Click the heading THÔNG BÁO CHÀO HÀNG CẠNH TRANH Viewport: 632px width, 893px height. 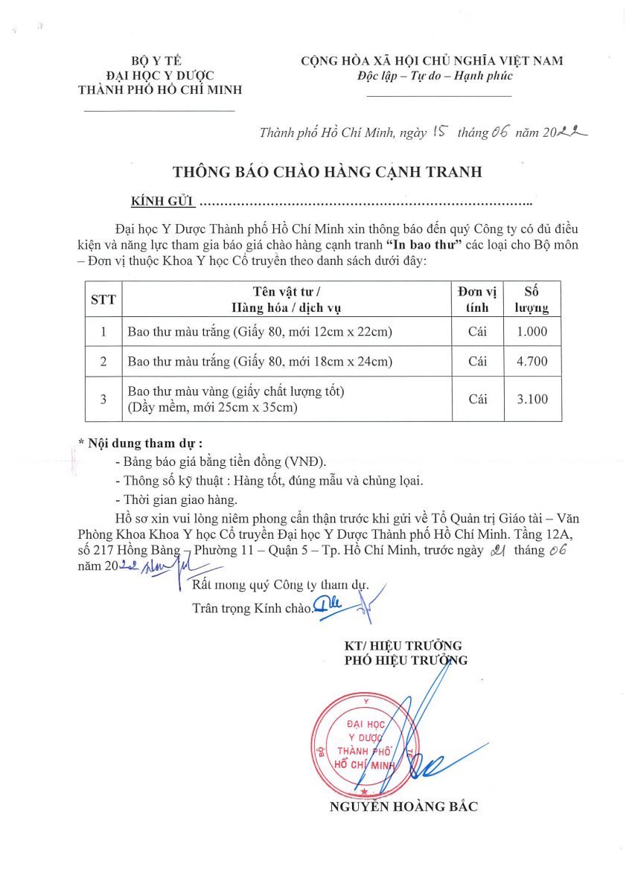click(x=328, y=172)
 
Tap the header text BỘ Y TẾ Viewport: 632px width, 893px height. click(x=156, y=61)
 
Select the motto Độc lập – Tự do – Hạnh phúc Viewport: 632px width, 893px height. click(x=435, y=76)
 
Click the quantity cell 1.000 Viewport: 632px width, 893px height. click(x=532, y=332)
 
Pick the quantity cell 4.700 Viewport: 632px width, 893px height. click(x=532, y=362)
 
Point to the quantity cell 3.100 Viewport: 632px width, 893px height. click(x=532, y=399)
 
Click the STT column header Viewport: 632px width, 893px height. click(x=103, y=300)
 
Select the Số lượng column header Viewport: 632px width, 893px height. click(x=532, y=300)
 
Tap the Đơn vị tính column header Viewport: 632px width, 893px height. click(x=477, y=300)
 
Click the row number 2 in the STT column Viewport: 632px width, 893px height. click(x=103, y=362)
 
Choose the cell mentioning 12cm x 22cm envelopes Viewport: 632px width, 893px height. click(x=260, y=332)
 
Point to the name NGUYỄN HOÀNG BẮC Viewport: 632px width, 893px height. click(x=403, y=807)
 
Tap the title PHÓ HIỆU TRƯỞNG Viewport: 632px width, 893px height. click(x=406, y=660)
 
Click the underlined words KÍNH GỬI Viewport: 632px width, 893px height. click(x=162, y=202)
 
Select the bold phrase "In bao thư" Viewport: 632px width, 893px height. click(x=425, y=245)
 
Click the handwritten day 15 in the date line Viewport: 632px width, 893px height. click(x=439, y=132)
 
